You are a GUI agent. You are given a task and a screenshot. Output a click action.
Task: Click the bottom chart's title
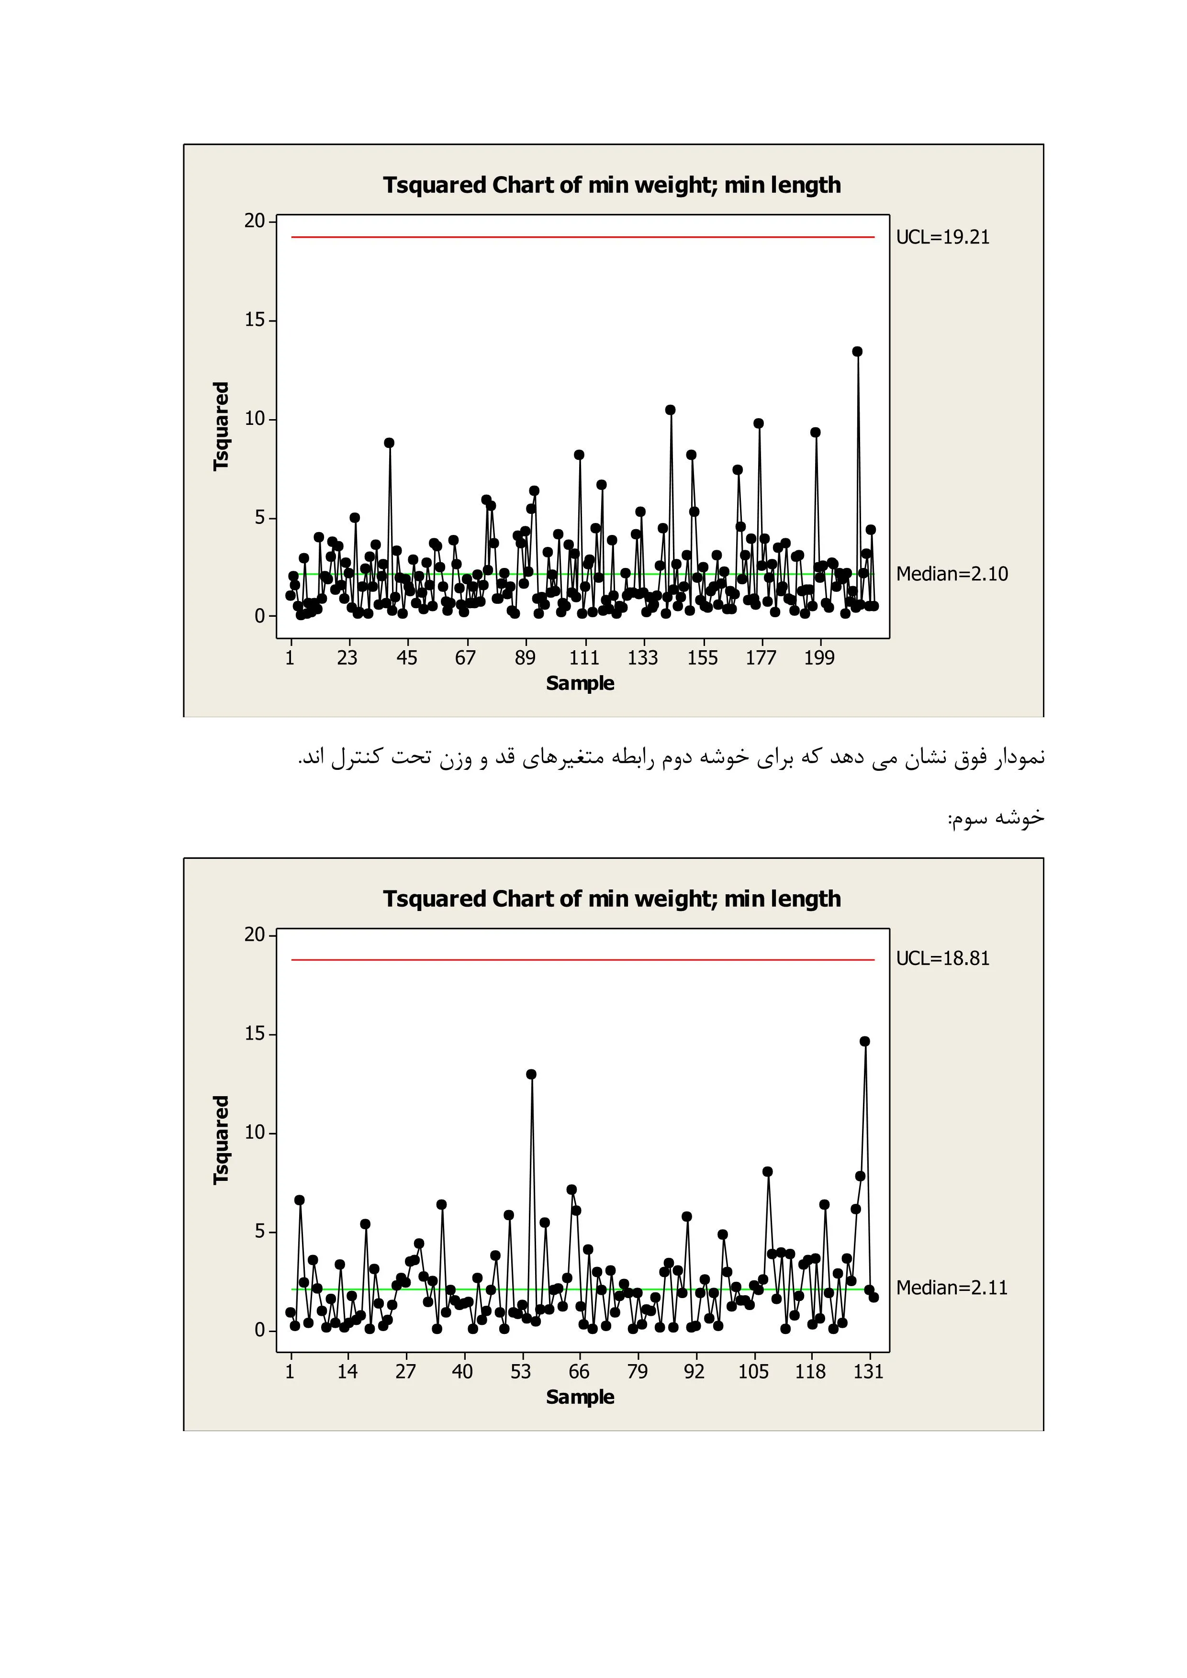coord(612,899)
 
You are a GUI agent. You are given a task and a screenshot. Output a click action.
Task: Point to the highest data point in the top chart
coord(857,352)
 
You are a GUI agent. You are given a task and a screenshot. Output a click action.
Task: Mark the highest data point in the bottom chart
coord(865,1042)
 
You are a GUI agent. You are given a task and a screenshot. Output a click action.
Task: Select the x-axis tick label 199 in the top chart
coord(818,658)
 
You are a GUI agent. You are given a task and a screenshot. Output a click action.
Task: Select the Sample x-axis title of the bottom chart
coord(581,1397)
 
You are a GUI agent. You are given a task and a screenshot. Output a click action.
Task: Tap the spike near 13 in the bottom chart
coord(531,1074)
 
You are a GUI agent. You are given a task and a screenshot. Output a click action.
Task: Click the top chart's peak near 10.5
coord(670,410)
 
